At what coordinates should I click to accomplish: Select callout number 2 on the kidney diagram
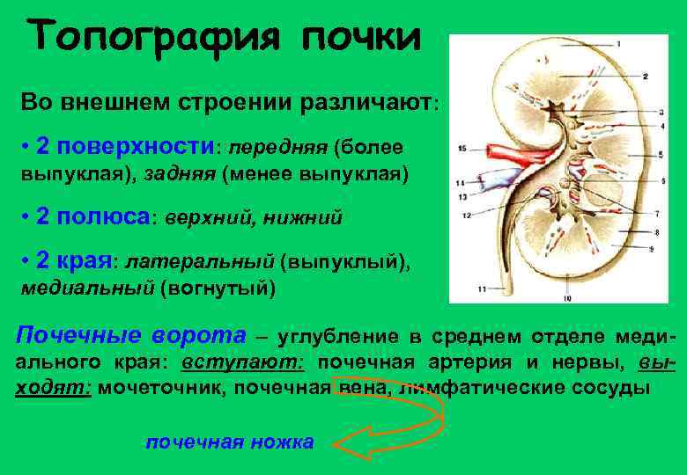point(645,76)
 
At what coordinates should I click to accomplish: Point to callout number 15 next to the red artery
point(462,150)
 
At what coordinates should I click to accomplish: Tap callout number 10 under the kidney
point(567,299)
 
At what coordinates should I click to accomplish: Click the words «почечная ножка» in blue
point(229,442)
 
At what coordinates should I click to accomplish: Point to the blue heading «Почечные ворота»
point(132,334)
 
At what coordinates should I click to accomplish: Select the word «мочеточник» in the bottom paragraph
point(152,388)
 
